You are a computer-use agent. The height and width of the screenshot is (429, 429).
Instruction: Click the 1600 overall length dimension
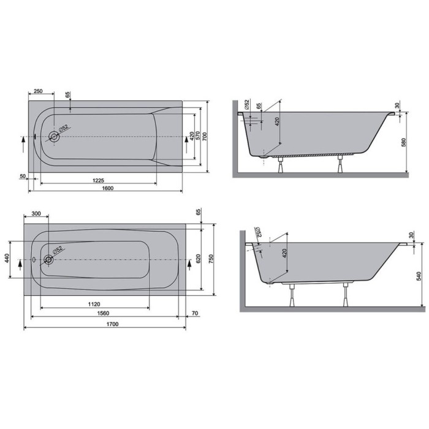click(107, 188)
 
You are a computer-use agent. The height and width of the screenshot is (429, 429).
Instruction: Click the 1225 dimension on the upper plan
click(99, 180)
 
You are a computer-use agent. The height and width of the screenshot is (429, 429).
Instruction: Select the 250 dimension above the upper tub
click(38, 91)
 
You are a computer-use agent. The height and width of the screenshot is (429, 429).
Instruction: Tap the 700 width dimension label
click(205, 137)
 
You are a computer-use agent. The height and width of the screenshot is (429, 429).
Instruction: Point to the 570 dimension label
click(198, 137)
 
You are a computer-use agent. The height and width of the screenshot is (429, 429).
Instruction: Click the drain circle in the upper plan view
click(54, 137)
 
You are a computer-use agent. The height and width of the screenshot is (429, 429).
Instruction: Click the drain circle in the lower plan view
click(48, 259)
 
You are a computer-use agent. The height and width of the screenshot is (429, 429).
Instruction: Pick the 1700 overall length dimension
click(112, 324)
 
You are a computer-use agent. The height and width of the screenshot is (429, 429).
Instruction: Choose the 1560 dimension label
click(103, 313)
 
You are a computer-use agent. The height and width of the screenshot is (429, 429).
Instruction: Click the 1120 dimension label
click(94, 304)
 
